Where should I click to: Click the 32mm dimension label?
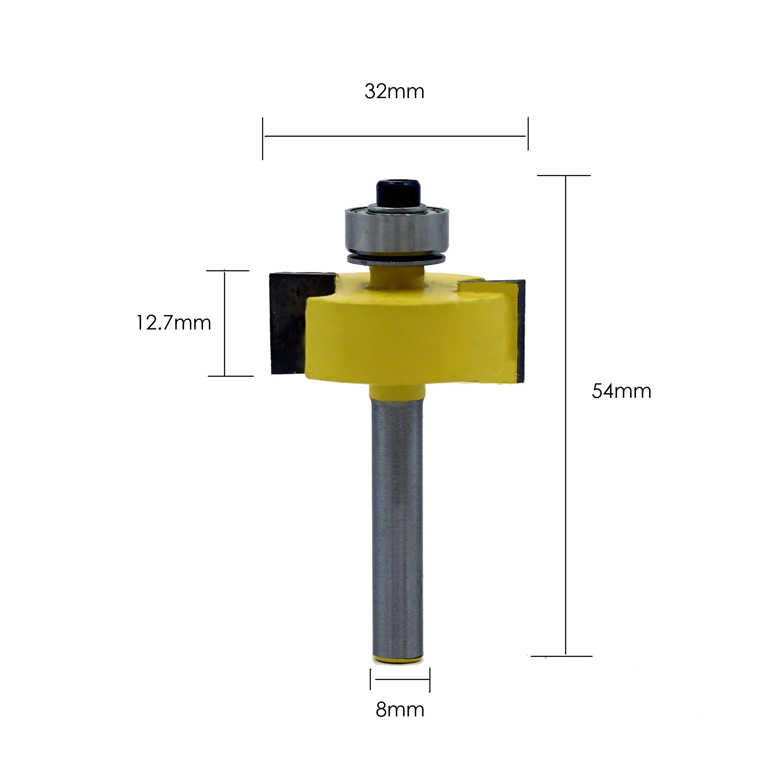click(394, 92)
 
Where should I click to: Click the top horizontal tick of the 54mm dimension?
click(564, 175)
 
